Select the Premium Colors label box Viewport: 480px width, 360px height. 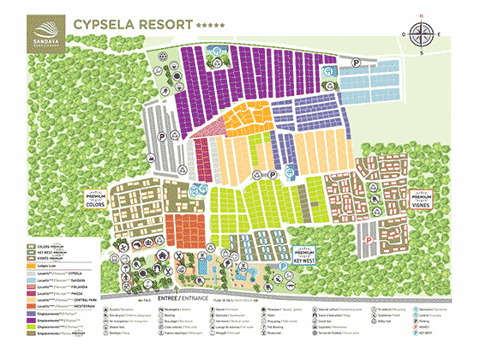119,200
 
